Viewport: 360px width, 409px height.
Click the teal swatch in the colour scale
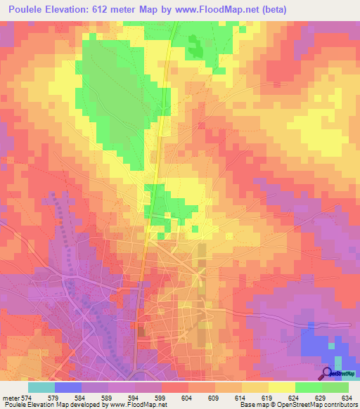coord(41,387)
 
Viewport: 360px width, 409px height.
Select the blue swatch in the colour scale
coord(68,387)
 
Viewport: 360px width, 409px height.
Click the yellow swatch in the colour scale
coord(282,387)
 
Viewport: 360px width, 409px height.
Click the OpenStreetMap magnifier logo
coord(327,372)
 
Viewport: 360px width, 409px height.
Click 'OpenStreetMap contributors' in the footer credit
coord(321,405)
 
